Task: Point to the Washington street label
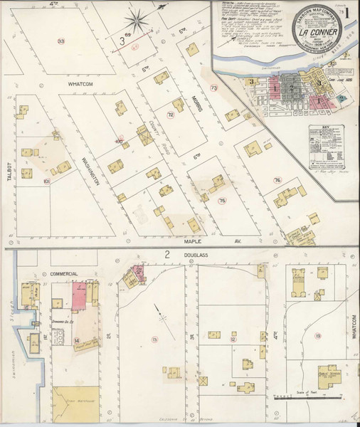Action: (90, 170)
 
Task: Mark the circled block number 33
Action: (62, 42)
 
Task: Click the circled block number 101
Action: (46, 181)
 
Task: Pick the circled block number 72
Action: (171, 115)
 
